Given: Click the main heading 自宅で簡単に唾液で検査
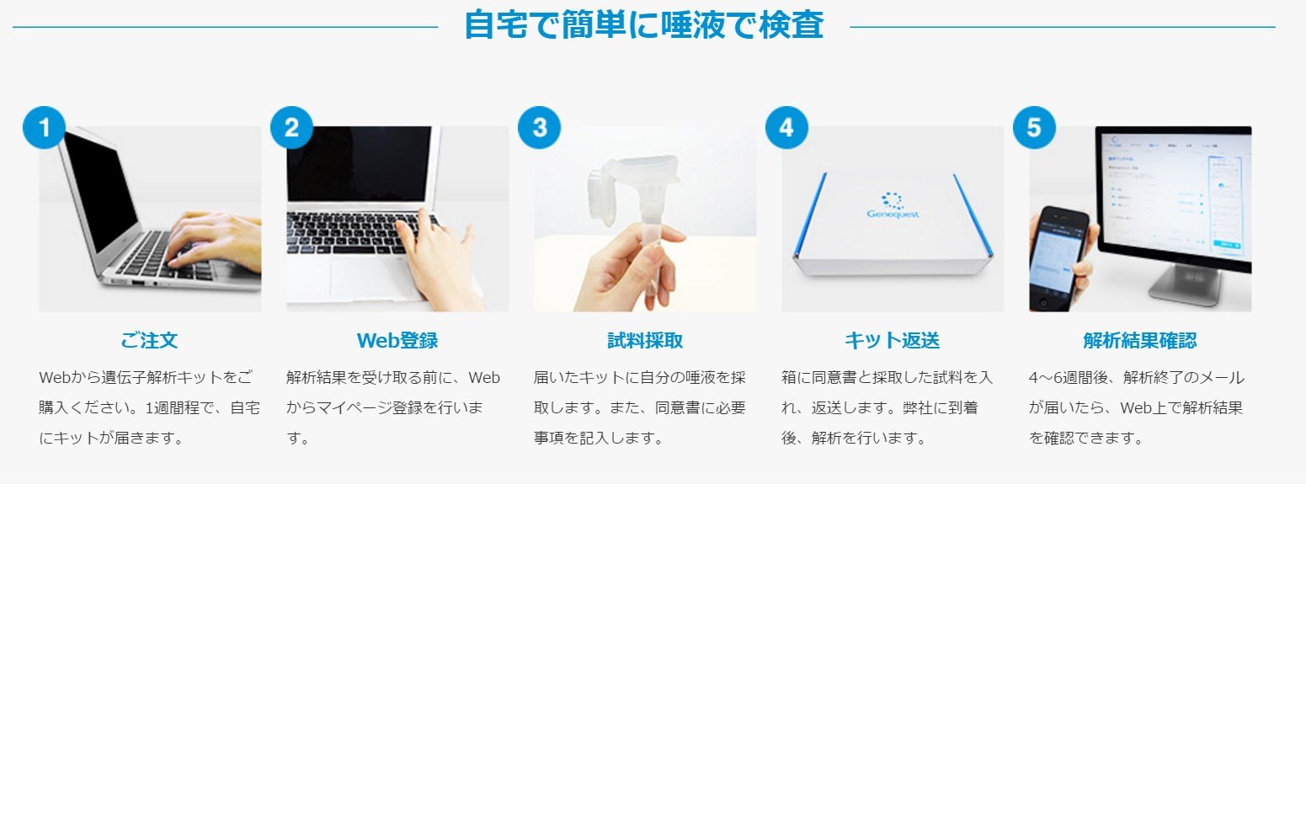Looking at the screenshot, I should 643,25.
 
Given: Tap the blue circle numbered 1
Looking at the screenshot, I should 44,127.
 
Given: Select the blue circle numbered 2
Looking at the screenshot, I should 291,127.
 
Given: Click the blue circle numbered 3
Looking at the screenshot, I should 539,127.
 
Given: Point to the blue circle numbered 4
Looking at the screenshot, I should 786,127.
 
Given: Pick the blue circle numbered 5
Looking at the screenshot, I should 1034,127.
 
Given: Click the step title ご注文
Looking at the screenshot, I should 149,340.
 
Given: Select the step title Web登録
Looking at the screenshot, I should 397,340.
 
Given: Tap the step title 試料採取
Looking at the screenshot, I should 645,340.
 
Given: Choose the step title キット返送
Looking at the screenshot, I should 892,340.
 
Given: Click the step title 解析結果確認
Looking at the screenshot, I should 1139,340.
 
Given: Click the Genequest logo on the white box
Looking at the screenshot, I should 893,205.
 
